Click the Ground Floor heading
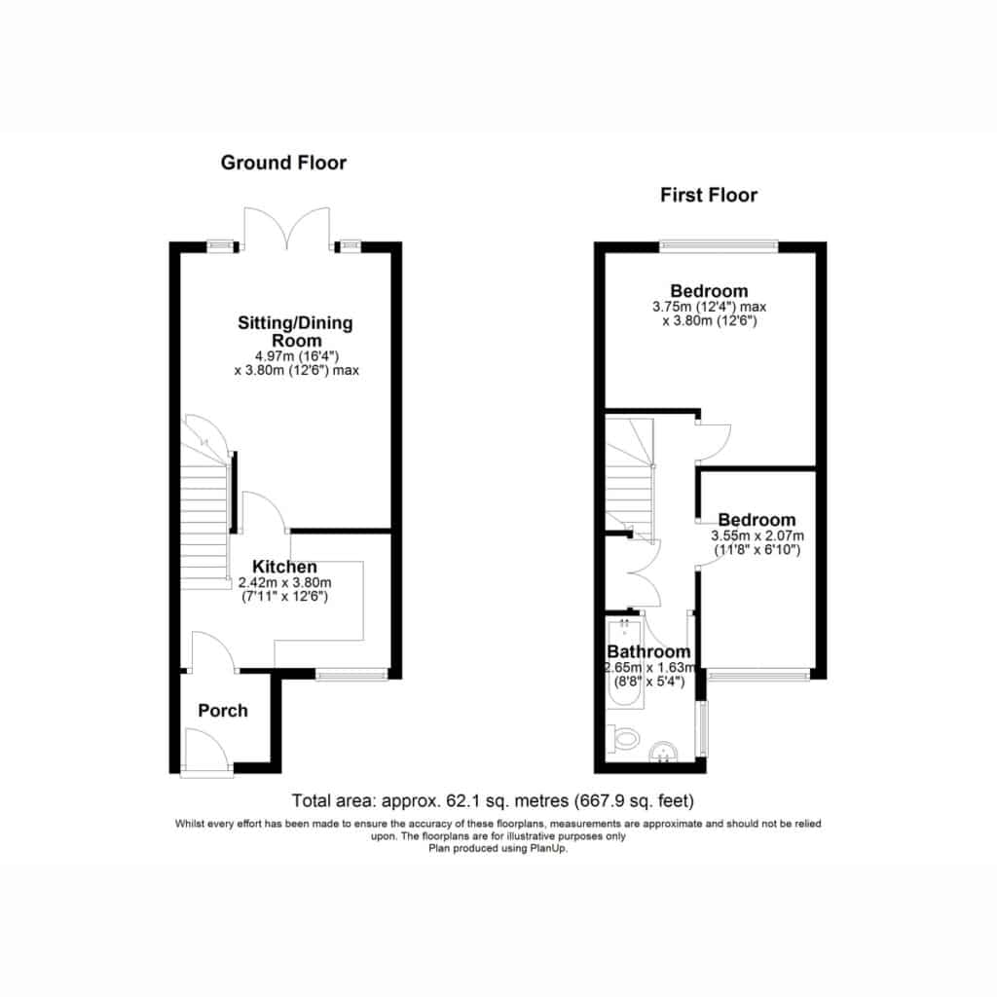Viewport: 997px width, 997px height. [x=283, y=163]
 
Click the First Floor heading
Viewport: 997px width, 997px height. [x=709, y=195]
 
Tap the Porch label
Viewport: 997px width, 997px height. [x=223, y=710]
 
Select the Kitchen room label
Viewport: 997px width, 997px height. [x=284, y=567]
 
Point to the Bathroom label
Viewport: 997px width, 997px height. [x=648, y=651]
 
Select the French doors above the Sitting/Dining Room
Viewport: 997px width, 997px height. [x=287, y=228]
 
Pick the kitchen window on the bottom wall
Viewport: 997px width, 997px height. [x=351, y=674]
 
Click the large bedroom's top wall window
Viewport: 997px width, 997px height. [x=719, y=246]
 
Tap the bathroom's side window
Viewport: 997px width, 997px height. [x=702, y=728]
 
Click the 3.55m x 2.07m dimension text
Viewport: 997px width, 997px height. [x=757, y=536]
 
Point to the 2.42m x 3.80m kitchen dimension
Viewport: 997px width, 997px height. [x=285, y=582]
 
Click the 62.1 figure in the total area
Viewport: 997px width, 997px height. [x=461, y=800]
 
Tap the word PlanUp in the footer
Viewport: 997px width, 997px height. [x=549, y=848]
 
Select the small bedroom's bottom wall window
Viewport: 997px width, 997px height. [x=758, y=674]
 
